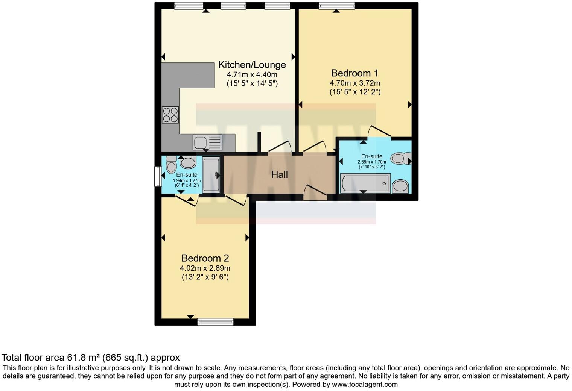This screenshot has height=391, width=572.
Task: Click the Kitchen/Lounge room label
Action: click(x=252, y=65)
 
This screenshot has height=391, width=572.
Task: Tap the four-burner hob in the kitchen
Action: click(x=170, y=115)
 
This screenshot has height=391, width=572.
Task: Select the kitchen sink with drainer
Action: click(x=207, y=142)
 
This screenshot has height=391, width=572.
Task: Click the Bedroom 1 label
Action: click(x=354, y=73)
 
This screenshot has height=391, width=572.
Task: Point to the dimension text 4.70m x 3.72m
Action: click(x=354, y=83)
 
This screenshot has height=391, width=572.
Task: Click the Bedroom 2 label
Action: click(x=205, y=258)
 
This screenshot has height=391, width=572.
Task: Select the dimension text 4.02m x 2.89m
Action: click(x=205, y=268)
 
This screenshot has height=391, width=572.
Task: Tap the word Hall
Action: click(x=279, y=174)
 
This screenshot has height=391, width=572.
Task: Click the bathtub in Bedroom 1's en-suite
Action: click(x=365, y=183)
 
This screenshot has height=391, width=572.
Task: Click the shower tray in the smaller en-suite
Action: click(x=211, y=175)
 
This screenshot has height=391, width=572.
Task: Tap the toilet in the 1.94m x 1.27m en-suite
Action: click(x=171, y=164)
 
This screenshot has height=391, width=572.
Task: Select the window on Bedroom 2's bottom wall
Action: click(x=215, y=321)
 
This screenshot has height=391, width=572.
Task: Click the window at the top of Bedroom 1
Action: click(x=336, y=6)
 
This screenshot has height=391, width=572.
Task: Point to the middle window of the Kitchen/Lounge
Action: click(x=233, y=6)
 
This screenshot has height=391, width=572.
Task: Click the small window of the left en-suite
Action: click(x=158, y=176)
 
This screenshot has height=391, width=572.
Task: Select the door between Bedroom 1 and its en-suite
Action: click(x=379, y=131)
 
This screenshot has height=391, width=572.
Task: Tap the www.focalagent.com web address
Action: click(x=365, y=385)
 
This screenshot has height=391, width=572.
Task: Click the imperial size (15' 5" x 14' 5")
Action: click(x=252, y=83)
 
